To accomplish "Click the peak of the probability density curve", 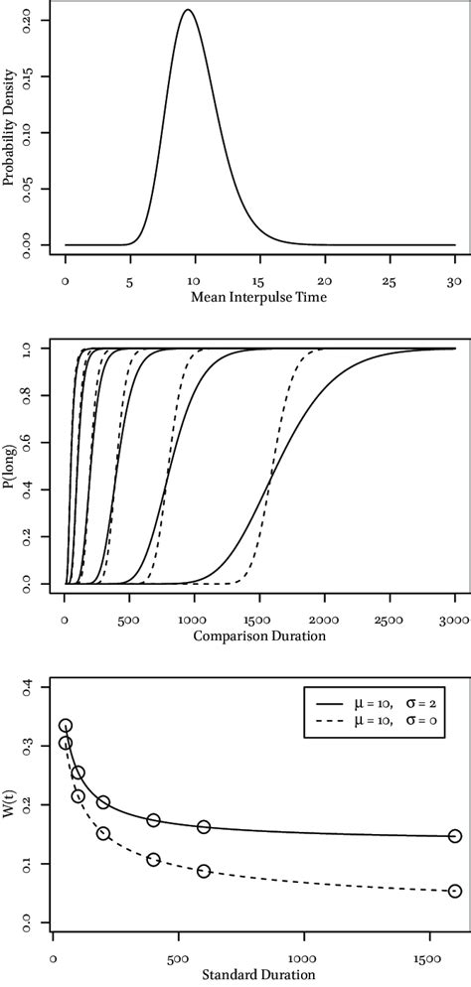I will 187,11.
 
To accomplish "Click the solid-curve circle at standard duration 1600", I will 455,836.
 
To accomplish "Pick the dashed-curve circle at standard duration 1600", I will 455,892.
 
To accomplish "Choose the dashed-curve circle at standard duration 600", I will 204,871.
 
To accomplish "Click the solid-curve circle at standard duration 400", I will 153,820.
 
